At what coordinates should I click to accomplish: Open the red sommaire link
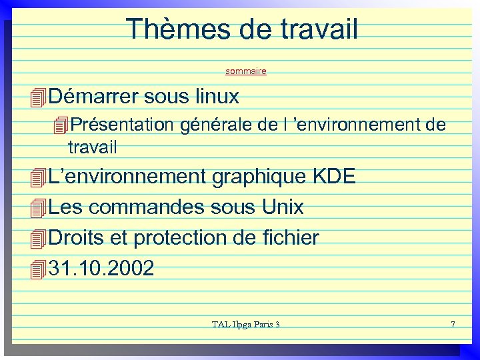(x=246, y=71)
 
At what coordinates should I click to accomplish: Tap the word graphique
(x=260, y=177)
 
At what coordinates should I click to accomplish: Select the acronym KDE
(x=335, y=177)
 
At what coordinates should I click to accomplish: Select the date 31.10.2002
(x=101, y=268)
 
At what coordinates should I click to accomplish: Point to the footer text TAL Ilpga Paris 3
(x=245, y=325)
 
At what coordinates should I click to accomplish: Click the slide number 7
(x=453, y=325)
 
